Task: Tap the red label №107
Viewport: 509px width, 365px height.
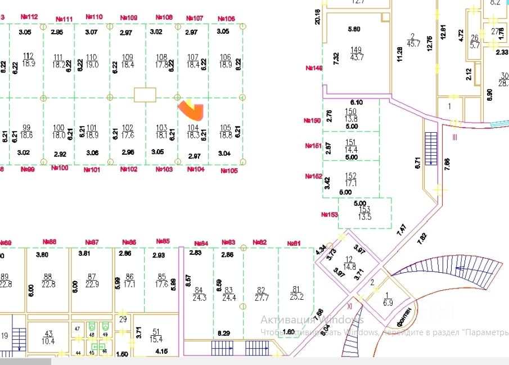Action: pos(195,19)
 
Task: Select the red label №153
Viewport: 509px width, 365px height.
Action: pos(329,214)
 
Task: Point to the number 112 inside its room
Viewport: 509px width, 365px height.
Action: pos(28,55)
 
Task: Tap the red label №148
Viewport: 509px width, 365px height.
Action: pos(314,68)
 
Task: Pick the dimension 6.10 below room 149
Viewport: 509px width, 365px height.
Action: pos(357,102)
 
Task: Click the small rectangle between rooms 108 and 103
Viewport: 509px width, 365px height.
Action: pos(145,94)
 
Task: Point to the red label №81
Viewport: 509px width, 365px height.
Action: pos(293,243)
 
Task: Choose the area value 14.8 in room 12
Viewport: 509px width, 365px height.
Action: pos(349,267)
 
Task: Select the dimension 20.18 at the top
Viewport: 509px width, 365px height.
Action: pos(318,16)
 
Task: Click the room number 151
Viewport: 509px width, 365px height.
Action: pos(350,142)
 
